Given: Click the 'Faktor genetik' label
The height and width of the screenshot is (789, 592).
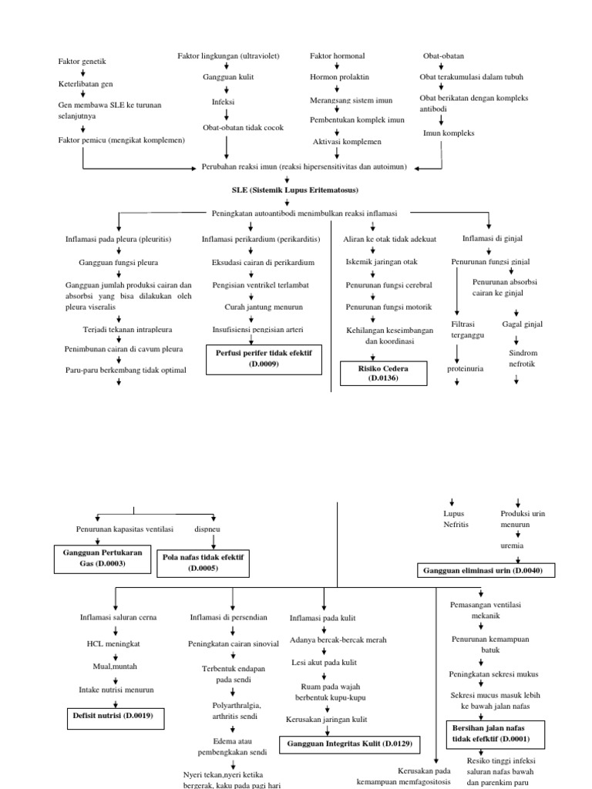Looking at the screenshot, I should point(82,61).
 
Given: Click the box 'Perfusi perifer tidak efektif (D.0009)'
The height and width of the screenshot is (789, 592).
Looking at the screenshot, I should point(264,358).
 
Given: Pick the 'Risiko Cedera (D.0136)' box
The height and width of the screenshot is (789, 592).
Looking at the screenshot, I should point(382,373).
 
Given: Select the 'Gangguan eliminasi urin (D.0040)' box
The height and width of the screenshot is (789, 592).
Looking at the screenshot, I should point(485,570).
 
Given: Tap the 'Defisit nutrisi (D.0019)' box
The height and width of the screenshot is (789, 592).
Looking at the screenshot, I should point(114,715).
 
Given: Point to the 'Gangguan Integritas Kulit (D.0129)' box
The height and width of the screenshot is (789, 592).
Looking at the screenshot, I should point(349,744).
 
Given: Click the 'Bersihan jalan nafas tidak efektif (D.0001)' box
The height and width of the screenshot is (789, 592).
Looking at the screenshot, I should point(495,733).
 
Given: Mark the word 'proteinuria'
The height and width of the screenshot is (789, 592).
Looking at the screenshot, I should point(466,368).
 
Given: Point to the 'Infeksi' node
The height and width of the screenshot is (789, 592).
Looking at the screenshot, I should point(224,102).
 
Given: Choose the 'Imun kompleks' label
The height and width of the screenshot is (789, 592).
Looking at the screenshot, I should point(449,133).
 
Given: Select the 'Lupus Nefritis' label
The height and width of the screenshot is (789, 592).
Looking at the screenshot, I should point(456,518).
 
